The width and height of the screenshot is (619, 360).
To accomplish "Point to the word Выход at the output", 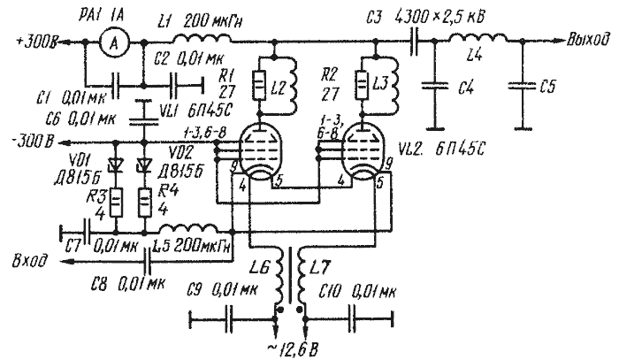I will coord(590,41).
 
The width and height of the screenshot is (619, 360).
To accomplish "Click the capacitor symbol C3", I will coord(413,41).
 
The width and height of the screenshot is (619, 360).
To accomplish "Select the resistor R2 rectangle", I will coord(363,88).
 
